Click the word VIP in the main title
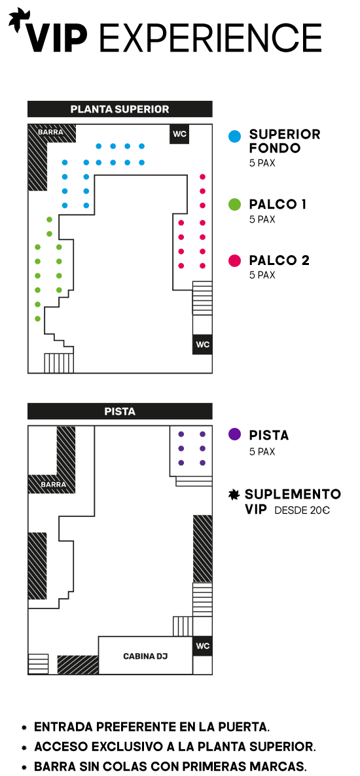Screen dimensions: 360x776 [57, 37]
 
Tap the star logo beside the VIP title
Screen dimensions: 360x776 [18, 20]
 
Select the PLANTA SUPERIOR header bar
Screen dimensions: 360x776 [120, 109]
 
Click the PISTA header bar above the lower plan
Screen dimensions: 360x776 [120, 412]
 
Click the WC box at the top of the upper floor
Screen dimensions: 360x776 [179, 133]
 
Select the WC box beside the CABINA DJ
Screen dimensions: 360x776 [202, 646]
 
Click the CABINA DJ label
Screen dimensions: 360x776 [145, 656]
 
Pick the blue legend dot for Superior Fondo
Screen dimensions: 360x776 [235, 136]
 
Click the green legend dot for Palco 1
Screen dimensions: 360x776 [235, 204]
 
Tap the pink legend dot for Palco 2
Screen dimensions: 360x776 [235, 260]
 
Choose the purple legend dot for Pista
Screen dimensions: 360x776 [235, 435]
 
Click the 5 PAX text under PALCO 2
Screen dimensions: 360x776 [262, 275]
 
